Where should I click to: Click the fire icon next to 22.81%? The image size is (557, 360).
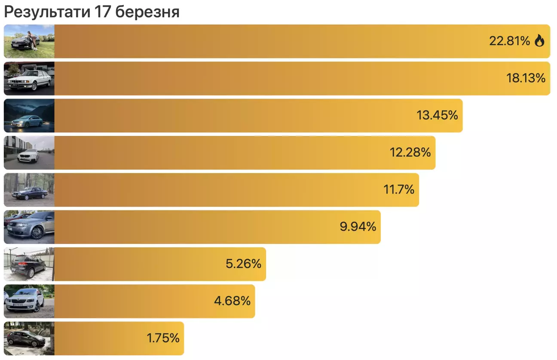coord(539,41)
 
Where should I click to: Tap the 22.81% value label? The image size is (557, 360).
coord(510,41)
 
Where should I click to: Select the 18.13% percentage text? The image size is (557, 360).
coord(526,78)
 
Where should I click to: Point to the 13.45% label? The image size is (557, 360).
coord(437,115)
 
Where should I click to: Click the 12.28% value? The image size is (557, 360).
coord(410,152)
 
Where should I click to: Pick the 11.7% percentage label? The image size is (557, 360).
coord(398,189)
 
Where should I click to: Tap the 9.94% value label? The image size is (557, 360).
coord(358,227)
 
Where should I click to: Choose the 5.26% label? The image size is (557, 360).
coord(243,264)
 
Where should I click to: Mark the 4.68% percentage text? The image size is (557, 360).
coord(232,301)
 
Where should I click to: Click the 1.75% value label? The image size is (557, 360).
coord(163,338)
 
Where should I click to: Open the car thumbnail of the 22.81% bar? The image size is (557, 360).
coord(29,41)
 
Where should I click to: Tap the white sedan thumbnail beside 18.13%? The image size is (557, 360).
coord(29,78)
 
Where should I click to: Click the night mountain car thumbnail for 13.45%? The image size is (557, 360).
coord(29,115)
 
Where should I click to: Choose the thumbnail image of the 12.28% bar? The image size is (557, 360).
coord(29,152)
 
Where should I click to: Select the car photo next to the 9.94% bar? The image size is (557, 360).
coord(29,227)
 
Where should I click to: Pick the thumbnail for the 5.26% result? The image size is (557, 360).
coord(29,264)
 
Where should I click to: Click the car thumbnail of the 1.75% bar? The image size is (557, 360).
coord(29,338)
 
